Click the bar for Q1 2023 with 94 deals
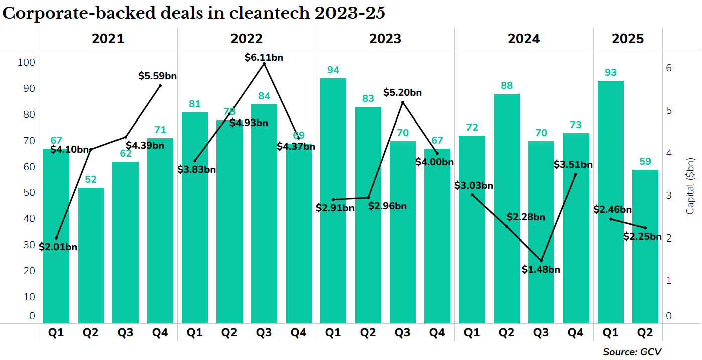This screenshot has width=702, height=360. point(333,201)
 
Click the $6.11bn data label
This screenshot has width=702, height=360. point(264,57)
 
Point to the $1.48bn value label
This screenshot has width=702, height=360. point(541,270)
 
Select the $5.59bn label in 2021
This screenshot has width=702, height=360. point(157,76)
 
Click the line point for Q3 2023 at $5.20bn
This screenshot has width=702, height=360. point(403,102)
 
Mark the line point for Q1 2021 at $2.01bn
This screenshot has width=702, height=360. point(56,238)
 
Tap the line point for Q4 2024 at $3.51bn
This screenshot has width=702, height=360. point(576,174)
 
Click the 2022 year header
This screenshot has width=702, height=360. point(247,39)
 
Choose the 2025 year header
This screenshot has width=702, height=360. point(628,39)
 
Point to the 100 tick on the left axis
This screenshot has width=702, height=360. point(26,63)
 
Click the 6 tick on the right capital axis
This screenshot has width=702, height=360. point(669,68)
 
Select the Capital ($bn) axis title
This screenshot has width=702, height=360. point(690,185)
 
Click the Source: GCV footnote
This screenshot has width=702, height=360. point(632,352)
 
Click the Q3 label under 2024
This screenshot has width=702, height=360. point(541,332)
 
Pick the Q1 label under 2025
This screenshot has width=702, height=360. point(610,332)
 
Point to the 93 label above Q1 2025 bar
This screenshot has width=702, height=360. point(610,72)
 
